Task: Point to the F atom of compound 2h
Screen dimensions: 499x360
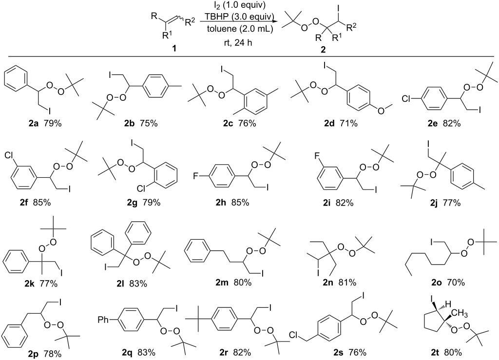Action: (196, 175)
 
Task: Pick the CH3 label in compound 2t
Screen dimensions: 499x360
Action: (459, 315)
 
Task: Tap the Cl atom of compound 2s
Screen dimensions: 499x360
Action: (294, 335)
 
